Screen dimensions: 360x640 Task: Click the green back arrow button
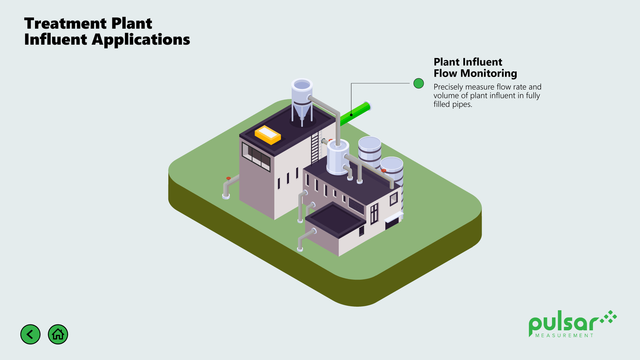(30, 334)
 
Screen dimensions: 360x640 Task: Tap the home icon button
(58, 334)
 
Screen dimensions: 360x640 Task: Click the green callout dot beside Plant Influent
(419, 83)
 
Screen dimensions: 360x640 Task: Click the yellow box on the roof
(268, 135)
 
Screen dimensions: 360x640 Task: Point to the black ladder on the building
(315, 148)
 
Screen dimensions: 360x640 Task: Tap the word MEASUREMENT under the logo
(564, 336)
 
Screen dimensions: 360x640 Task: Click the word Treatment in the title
(65, 24)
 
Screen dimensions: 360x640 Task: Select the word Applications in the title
(141, 40)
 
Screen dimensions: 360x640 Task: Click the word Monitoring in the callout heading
(489, 73)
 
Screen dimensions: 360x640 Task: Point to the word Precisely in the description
(448, 87)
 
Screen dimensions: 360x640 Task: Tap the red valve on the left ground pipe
(228, 179)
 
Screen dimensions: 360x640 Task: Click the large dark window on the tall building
(256, 156)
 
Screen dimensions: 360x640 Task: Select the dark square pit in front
(335, 220)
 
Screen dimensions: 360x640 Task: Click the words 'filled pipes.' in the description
(453, 104)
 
